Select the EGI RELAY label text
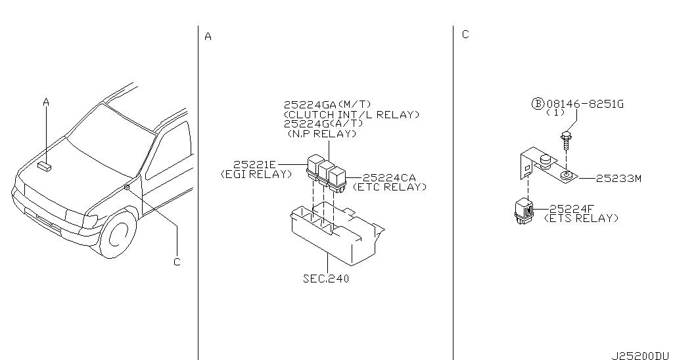pyautogui.click(x=256, y=174)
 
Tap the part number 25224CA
pyautogui.click(x=389, y=177)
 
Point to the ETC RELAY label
pyautogui.click(x=390, y=187)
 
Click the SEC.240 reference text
pyautogui.click(x=326, y=279)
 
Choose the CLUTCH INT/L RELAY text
pyautogui.click(x=352, y=114)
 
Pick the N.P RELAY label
pyautogui.click(x=322, y=133)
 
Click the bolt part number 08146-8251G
pyautogui.click(x=585, y=104)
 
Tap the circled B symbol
pyautogui.click(x=538, y=103)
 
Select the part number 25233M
pyautogui.click(x=618, y=179)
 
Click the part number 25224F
pyautogui.click(x=572, y=209)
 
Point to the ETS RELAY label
pyautogui.click(x=581, y=218)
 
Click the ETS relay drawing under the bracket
pyautogui.click(x=524, y=210)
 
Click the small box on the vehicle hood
pyautogui.click(x=44, y=166)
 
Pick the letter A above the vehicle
pyautogui.click(x=46, y=102)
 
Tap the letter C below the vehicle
pyautogui.click(x=177, y=261)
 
